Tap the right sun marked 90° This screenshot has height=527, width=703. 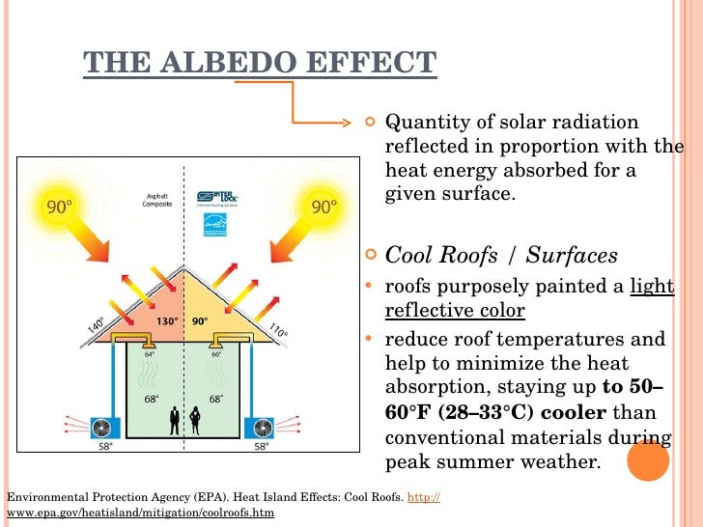(324, 207)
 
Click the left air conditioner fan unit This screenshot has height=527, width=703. (102, 427)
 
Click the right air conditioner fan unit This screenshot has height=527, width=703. (260, 427)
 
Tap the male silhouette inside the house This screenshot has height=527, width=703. (175, 418)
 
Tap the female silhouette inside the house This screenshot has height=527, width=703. (196, 418)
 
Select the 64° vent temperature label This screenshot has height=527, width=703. (150, 354)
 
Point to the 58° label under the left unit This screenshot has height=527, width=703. (103, 447)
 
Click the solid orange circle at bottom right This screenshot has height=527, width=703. (649, 460)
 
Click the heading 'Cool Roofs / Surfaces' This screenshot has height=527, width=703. (501, 256)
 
